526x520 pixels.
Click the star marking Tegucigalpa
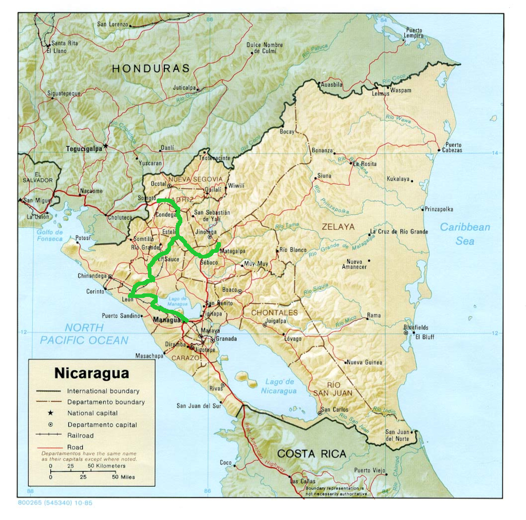[x=105, y=146]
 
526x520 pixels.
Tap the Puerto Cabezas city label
[x=453, y=148]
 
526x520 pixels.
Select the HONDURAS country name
[x=151, y=68]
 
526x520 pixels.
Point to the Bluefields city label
[x=416, y=328]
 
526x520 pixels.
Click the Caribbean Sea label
[x=465, y=234]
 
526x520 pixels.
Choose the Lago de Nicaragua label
[x=280, y=386]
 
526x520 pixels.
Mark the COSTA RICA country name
[x=311, y=454]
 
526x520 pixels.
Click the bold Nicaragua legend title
[x=91, y=373]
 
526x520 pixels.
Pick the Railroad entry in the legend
[x=81, y=435]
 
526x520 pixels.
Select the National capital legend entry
[x=92, y=413]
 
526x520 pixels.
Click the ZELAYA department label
[x=338, y=226]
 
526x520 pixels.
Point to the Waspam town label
[x=401, y=90]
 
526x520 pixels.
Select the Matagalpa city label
[x=233, y=251]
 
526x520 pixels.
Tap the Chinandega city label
[x=92, y=276]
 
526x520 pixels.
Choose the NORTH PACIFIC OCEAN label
[x=84, y=334]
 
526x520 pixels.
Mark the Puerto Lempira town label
[x=414, y=33]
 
